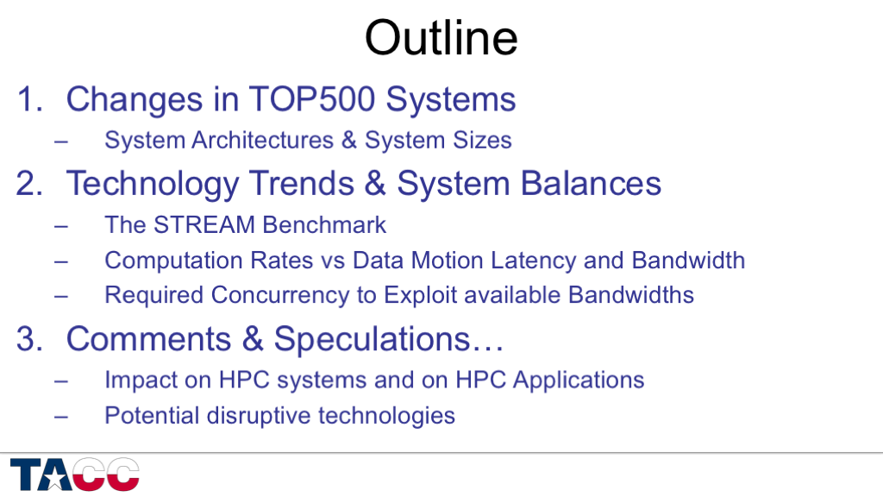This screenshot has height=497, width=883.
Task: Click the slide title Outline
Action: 441,37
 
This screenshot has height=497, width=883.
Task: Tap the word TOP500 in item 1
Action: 311,99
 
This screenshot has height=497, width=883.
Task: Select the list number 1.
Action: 29,99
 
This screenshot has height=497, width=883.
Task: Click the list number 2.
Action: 29,184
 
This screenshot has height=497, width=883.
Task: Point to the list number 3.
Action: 29,339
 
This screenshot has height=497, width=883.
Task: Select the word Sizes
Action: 483,141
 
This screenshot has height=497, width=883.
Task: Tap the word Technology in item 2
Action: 153,185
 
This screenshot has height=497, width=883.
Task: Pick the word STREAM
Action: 204,225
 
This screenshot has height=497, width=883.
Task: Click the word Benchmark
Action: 324,225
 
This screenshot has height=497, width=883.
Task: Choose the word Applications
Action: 579,381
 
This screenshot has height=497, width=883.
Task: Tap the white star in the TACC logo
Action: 54,478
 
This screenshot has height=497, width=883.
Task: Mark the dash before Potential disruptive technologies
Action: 61,418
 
